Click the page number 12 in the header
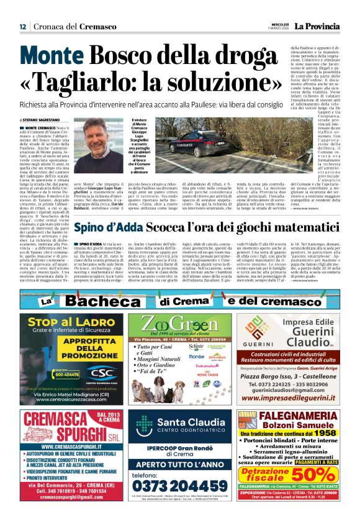[22, 26]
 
